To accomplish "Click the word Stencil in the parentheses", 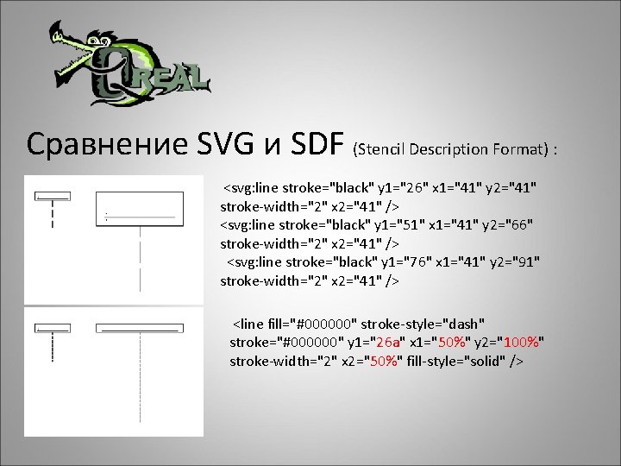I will pyautogui.click(x=380, y=152).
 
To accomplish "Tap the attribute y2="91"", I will pyautogui.click(x=518, y=262).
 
